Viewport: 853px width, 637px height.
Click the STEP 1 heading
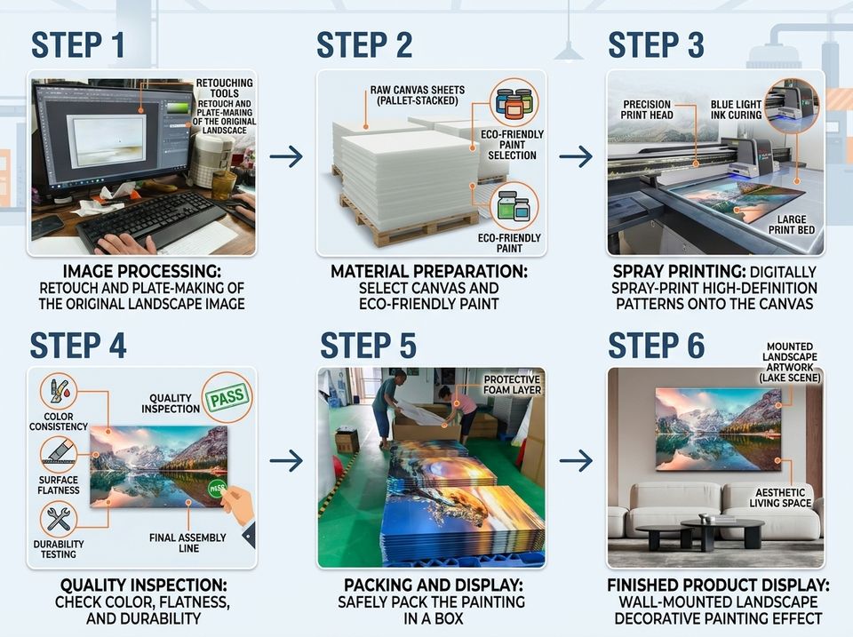point(78,44)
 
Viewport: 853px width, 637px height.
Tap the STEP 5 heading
point(368,346)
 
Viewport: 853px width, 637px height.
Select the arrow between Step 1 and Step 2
point(286,156)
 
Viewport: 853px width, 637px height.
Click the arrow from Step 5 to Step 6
point(576,461)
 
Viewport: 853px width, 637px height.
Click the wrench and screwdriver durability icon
point(59,519)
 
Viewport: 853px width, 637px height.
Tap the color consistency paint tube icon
point(59,391)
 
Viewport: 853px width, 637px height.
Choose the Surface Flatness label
point(59,485)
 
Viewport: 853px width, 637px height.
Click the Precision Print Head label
point(647,109)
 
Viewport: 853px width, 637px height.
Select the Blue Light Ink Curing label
point(736,110)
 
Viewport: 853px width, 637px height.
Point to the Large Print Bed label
point(792,225)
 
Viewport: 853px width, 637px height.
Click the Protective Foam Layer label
point(513,385)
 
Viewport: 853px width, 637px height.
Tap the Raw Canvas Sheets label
point(418,95)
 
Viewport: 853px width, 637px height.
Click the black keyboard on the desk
point(152,220)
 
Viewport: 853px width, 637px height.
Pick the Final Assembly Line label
point(187,543)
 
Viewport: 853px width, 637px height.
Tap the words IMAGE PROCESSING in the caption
point(142,271)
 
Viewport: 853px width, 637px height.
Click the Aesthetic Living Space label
point(780,498)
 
